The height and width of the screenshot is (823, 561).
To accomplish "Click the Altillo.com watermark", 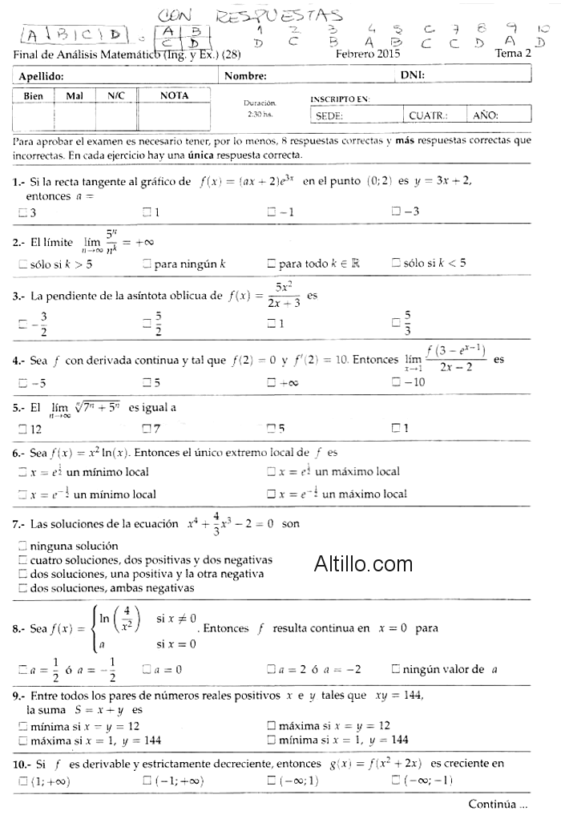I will (x=364, y=564).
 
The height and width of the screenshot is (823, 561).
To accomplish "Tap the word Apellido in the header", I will (x=41, y=76).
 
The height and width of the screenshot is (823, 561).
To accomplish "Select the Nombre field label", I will (x=245, y=76).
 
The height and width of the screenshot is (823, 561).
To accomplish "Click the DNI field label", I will (x=413, y=76).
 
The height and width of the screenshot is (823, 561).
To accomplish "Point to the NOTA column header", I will (x=174, y=95).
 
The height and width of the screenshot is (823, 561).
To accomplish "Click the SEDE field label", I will (x=329, y=115).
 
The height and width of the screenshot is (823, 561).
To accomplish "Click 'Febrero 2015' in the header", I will (x=368, y=54).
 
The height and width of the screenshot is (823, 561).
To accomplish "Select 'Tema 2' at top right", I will (x=513, y=54).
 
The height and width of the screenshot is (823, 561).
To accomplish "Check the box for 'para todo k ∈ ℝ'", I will (x=272, y=263).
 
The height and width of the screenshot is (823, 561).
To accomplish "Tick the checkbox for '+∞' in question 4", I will (x=272, y=382).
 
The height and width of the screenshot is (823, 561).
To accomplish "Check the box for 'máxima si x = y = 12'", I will (x=272, y=725).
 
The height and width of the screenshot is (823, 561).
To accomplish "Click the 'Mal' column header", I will (x=75, y=95).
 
